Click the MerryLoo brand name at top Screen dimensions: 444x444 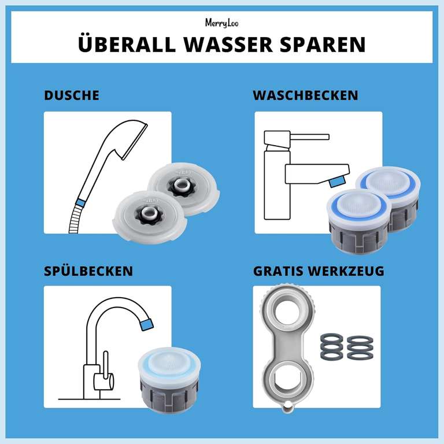coord(221,23)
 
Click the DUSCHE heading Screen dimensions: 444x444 coord(72,95)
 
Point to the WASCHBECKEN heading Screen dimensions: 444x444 coord(305,95)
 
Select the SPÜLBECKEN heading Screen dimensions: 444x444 coord(88,271)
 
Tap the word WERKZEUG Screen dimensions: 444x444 coord(351,271)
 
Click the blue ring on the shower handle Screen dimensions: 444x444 coord(81,203)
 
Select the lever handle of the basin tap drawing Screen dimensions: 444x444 coord(309,138)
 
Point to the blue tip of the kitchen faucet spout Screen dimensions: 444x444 coord(147,323)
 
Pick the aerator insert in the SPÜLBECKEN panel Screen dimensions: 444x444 coord(169,379)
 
